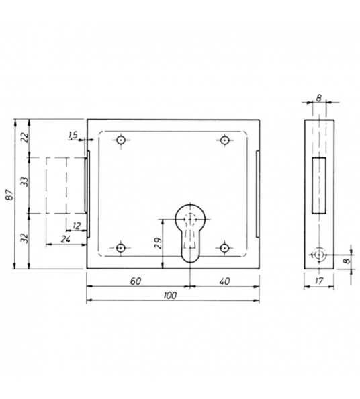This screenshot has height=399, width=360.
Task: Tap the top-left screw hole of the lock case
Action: (120, 140)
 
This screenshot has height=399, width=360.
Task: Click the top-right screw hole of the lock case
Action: (224, 140)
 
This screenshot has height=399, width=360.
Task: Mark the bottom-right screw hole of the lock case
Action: (224, 248)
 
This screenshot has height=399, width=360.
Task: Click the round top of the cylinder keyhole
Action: (190, 218)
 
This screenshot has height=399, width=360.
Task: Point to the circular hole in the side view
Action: (318, 255)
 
